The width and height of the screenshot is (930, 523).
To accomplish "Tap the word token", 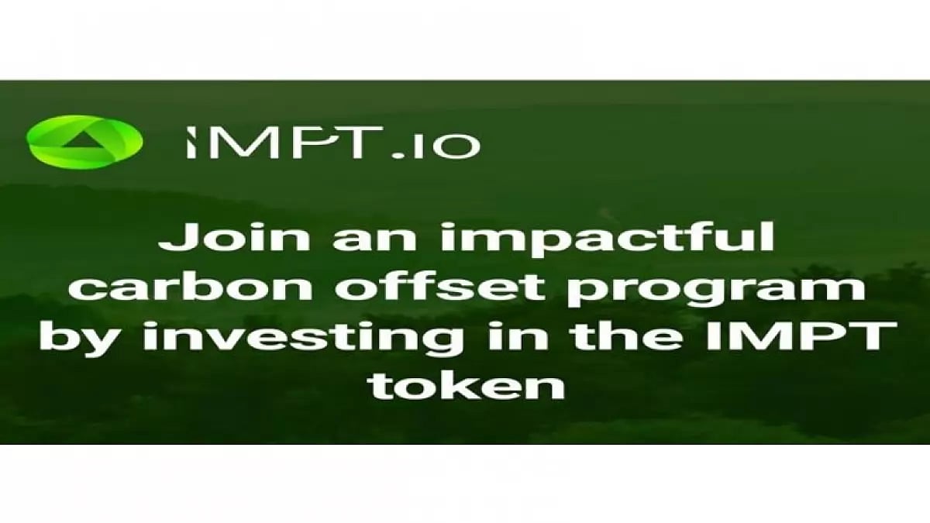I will point(466,384).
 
